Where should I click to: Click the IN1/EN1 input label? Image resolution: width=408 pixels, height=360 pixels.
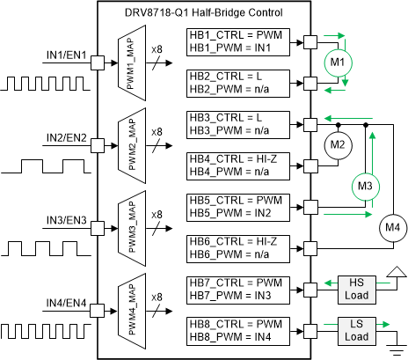pos(67,55)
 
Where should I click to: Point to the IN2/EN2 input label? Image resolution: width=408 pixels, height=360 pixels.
pos(67,137)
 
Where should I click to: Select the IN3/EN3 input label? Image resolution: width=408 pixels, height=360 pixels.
pos(67,219)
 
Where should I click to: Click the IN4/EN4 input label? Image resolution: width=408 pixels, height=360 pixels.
pos(67,302)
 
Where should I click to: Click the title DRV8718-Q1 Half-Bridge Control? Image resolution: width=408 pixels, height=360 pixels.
pos(204,10)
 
